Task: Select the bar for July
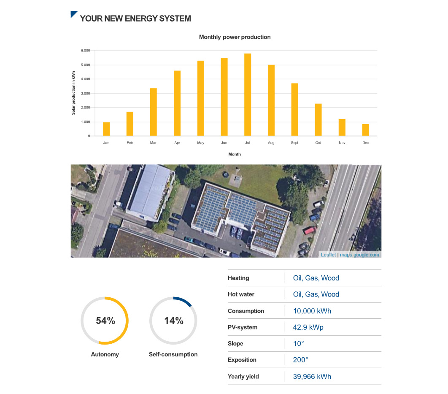[248, 95]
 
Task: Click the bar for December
[365, 130]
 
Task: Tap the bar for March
[153, 112]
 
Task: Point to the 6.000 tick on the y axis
[85, 51]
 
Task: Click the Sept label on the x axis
[294, 143]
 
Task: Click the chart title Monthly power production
[235, 37]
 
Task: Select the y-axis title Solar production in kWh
[73, 93]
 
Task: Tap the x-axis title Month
[235, 155]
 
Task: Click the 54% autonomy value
[105, 321]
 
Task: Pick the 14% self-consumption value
[173, 321]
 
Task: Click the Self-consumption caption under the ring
[173, 354]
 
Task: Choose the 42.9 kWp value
[308, 327]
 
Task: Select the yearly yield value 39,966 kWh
[312, 377]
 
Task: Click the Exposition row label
[242, 360]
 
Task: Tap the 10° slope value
[298, 344]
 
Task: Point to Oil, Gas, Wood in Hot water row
[316, 294]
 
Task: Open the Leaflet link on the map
[328, 255]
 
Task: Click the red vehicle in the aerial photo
[309, 231]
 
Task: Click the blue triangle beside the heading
[73, 15]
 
